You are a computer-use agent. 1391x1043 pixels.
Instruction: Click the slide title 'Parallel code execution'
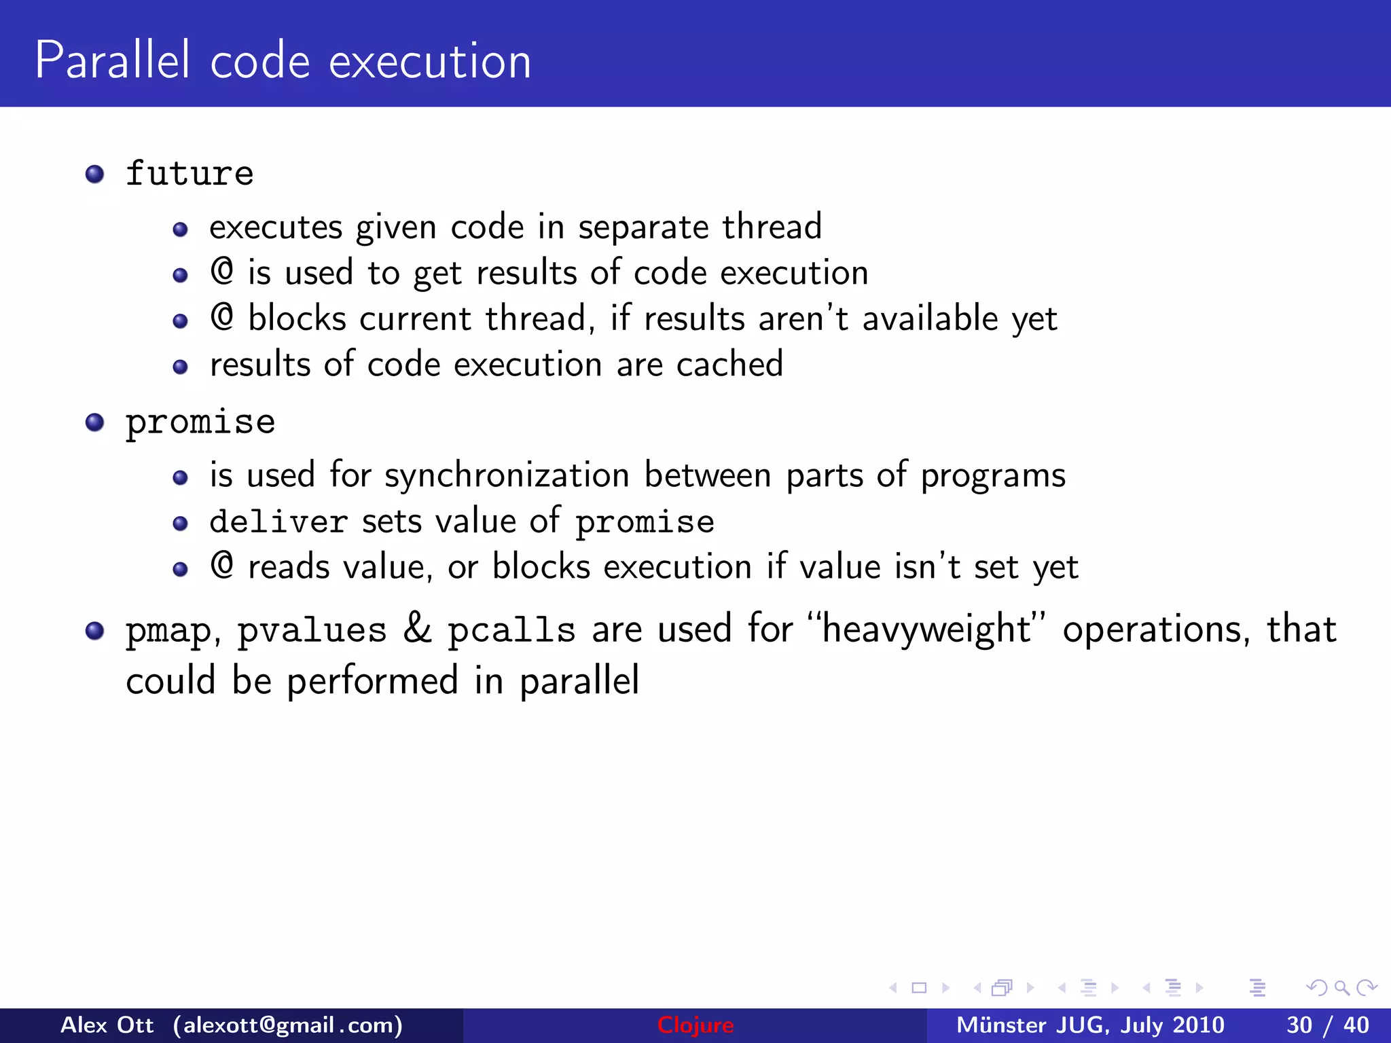tap(283, 61)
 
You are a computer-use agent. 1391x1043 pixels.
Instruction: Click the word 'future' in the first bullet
tap(189, 174)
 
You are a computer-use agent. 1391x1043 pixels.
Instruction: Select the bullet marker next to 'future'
tap(94, 175)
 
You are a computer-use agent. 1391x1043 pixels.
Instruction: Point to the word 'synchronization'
tap(507, 476)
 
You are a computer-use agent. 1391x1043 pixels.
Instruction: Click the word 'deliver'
tap(278, 521)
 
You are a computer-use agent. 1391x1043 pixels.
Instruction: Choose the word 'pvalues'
tap(312, 630)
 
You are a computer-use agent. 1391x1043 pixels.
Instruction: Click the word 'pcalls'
tap(511, 630)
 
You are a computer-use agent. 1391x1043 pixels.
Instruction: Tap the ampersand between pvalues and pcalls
tap(417, 629)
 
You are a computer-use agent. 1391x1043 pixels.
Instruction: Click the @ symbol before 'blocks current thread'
tap(222, 317)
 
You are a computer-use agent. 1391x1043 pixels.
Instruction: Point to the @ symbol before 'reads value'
tap(222, 566)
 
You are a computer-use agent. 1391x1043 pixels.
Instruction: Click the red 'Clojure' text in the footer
tap(695, 1025)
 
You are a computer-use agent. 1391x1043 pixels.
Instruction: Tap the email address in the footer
tap(288, 1025)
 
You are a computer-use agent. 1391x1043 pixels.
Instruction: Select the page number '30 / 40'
tap(1327, 1025)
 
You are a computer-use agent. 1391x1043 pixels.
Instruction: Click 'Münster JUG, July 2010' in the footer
tap(1090, 1025)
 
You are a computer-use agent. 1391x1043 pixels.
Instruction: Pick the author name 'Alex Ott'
tap(107, 1025)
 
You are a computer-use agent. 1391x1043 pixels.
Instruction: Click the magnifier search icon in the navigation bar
tap(1341, 988)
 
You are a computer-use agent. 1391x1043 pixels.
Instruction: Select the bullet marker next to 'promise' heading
tap(94, 423)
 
